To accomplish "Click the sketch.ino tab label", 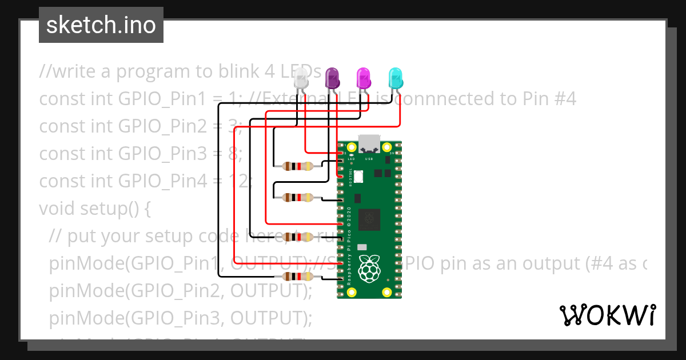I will (x=101, y=25).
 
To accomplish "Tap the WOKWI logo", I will (x=607, y=315).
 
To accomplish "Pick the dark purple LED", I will (x=332, y=77).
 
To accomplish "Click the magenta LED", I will (x=363, y=77).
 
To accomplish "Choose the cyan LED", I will (x=395, y=77).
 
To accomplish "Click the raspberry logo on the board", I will (x=369, y=269).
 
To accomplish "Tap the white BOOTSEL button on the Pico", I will (x=358, y=177).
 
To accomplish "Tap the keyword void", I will (x=57, y=209).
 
